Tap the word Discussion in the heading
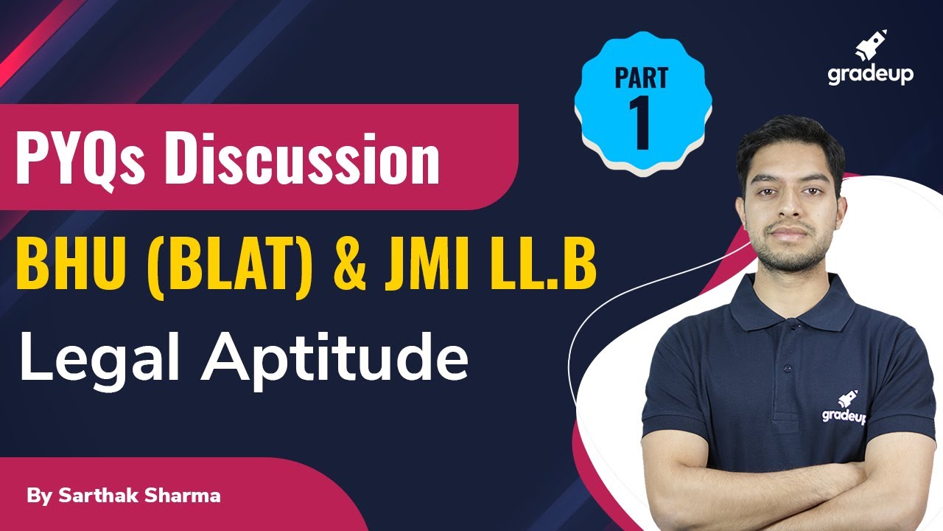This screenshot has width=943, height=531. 302,159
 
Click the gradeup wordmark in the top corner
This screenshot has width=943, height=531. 870,74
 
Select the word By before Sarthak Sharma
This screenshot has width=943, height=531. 35,496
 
